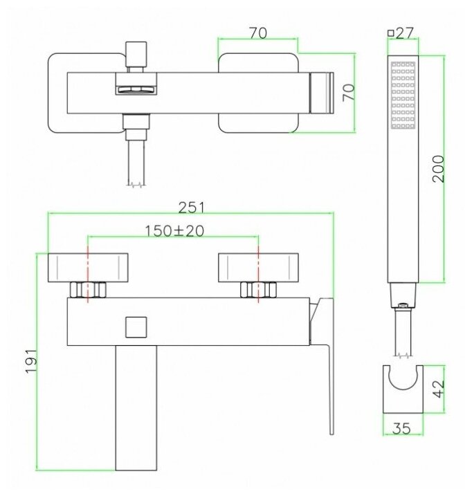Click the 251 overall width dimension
192,208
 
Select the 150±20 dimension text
174,231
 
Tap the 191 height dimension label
32,361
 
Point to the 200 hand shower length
439,169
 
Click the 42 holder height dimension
439,389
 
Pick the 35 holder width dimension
401,428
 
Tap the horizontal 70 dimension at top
258,33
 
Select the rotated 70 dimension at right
349,93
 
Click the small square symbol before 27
390,33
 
